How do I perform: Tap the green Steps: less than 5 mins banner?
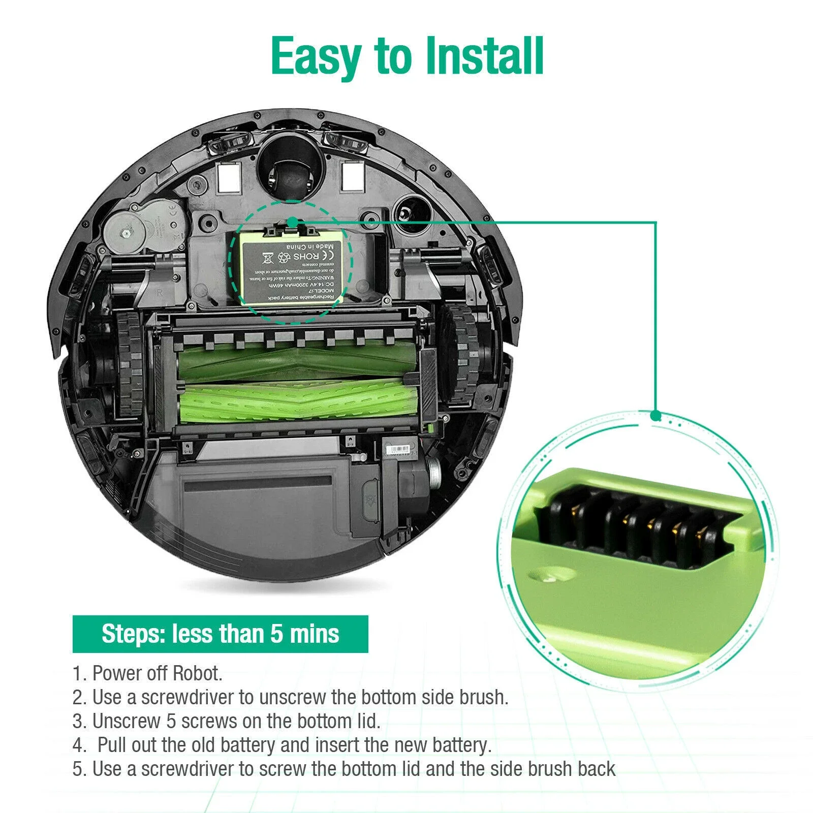tap(220, 634)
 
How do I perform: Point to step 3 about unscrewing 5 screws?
tap(226, 721)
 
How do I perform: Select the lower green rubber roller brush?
tap(300, 404)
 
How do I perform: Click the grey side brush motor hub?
tap(124, 233)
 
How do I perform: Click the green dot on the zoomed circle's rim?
tap(655, 416)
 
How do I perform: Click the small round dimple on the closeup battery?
tap(551, 576)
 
